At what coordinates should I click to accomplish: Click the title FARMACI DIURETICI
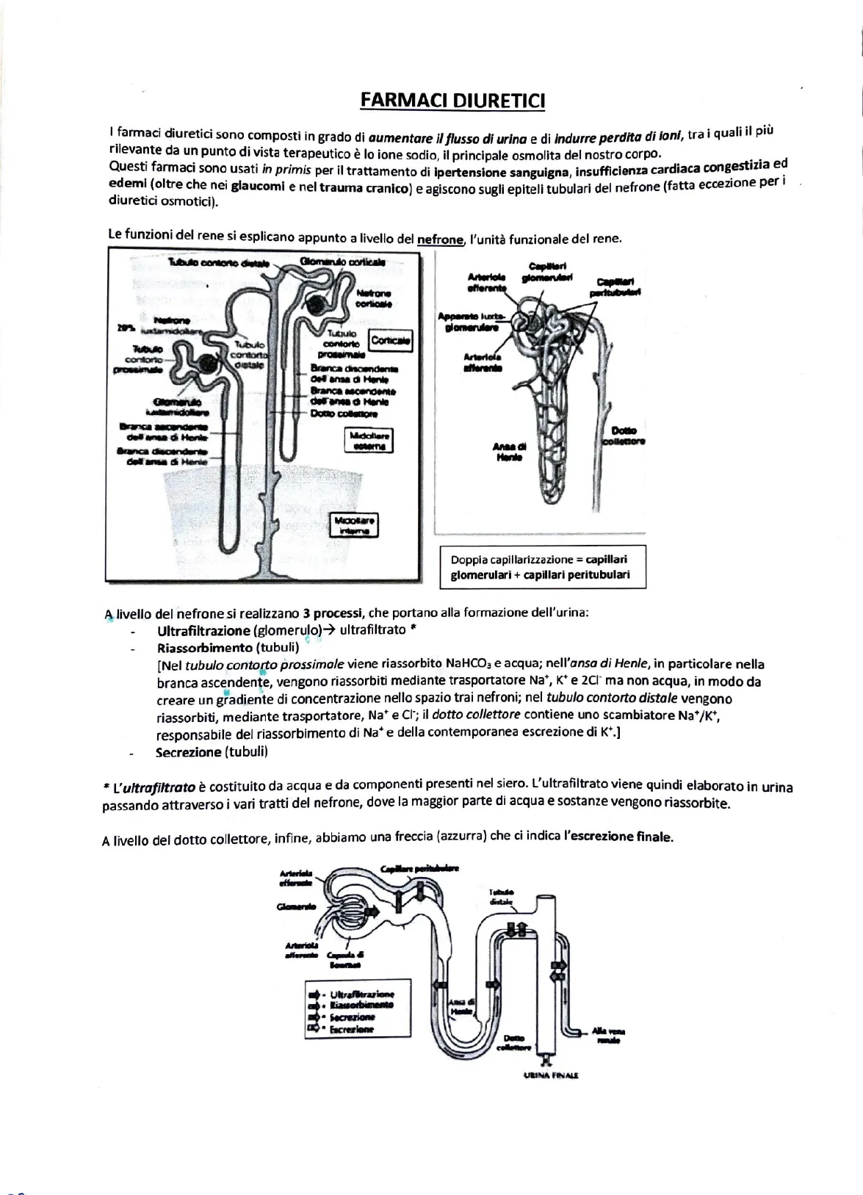click(452, 100)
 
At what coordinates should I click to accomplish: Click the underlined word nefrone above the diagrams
click(440, 239)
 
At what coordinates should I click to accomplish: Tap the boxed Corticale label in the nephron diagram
click(391, 341)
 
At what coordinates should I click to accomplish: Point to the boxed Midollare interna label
click(355, 526)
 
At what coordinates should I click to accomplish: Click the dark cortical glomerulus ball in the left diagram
click(319, 304)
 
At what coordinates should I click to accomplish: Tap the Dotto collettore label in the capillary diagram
click(624, 436)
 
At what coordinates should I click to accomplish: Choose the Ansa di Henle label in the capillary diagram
click(509, 452)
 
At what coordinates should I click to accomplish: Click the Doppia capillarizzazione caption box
click(541, 567)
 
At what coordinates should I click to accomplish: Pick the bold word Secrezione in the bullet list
click(188, 752)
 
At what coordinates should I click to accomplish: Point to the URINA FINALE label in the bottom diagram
click(551, 1075)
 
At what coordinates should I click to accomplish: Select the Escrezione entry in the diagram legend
click(351, 1029)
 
